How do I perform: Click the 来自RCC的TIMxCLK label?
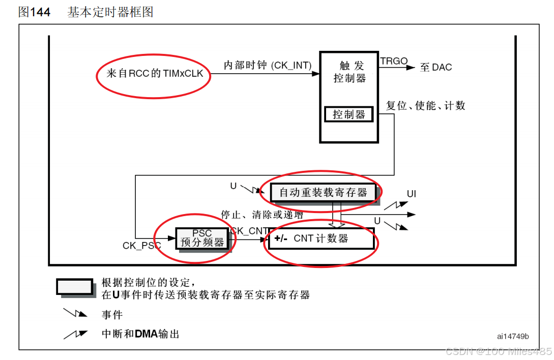(155, 74)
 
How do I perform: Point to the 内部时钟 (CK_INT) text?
(268, 65)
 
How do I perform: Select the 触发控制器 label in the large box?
(350, 72)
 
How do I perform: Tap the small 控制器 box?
(348, 114)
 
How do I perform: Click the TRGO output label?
(394, 62)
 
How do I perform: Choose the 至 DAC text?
(436, 67)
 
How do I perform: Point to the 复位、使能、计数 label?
(426, 106)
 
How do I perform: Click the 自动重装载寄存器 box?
(323, 192)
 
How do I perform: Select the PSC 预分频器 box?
(202, 238)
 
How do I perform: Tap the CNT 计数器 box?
(321, 238)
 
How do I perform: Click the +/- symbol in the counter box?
(281, 238)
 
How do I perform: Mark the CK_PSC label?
(142, 246)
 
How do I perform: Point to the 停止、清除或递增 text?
(259, 215)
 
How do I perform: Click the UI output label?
(412, 194)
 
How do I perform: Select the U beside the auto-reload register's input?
(234, 186)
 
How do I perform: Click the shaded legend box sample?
(75, 287)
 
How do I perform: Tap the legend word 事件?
(112, 315)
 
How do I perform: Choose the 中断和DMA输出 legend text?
(140, 334)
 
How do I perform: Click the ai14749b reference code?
(513, 336)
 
